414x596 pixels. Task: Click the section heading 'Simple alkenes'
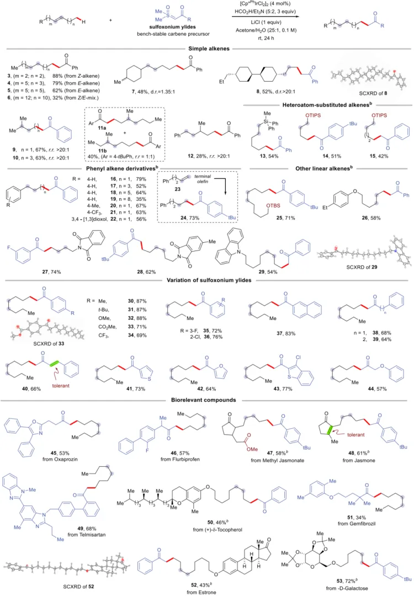pos(207,48)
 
